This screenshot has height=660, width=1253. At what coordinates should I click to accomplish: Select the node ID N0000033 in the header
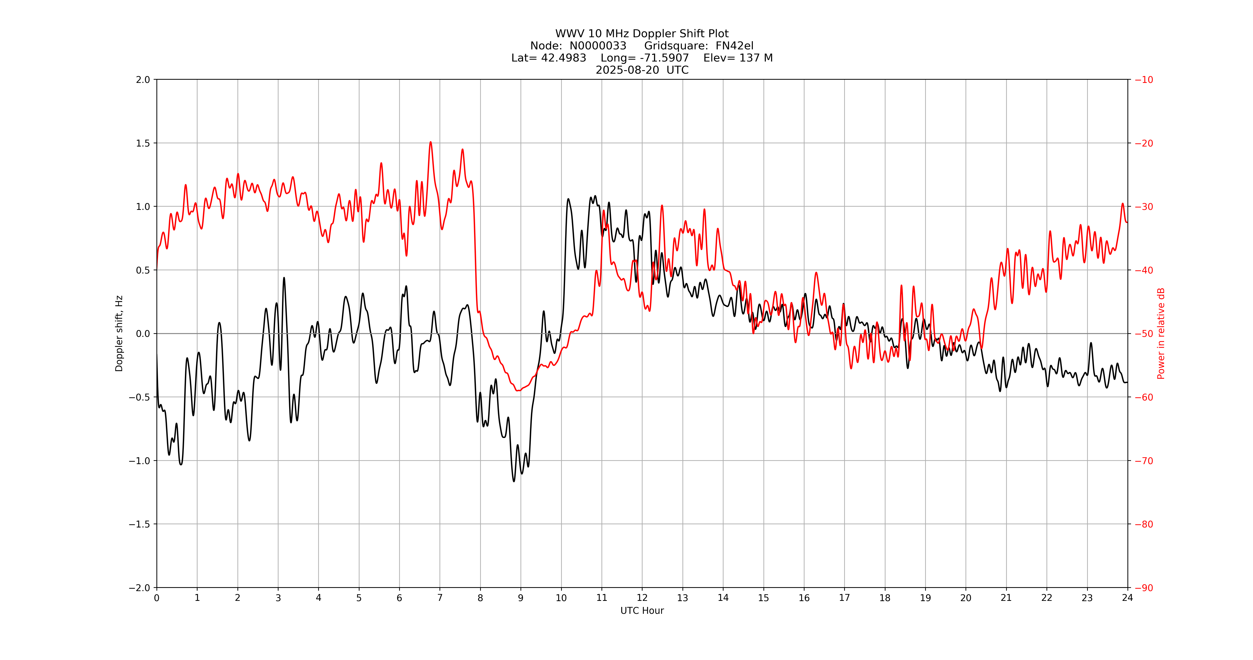(598, 46)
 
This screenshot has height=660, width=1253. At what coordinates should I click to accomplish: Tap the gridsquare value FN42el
(734, 46)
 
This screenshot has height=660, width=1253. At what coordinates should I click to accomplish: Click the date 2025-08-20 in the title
(628, 70)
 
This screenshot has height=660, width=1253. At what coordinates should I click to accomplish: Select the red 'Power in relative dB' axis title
(1161, 333)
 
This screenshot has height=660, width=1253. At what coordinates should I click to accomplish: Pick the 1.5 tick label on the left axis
(143, 143)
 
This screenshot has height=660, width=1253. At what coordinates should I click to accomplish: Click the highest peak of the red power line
(431, 142)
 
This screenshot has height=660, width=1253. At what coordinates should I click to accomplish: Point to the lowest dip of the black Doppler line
(514, 481)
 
